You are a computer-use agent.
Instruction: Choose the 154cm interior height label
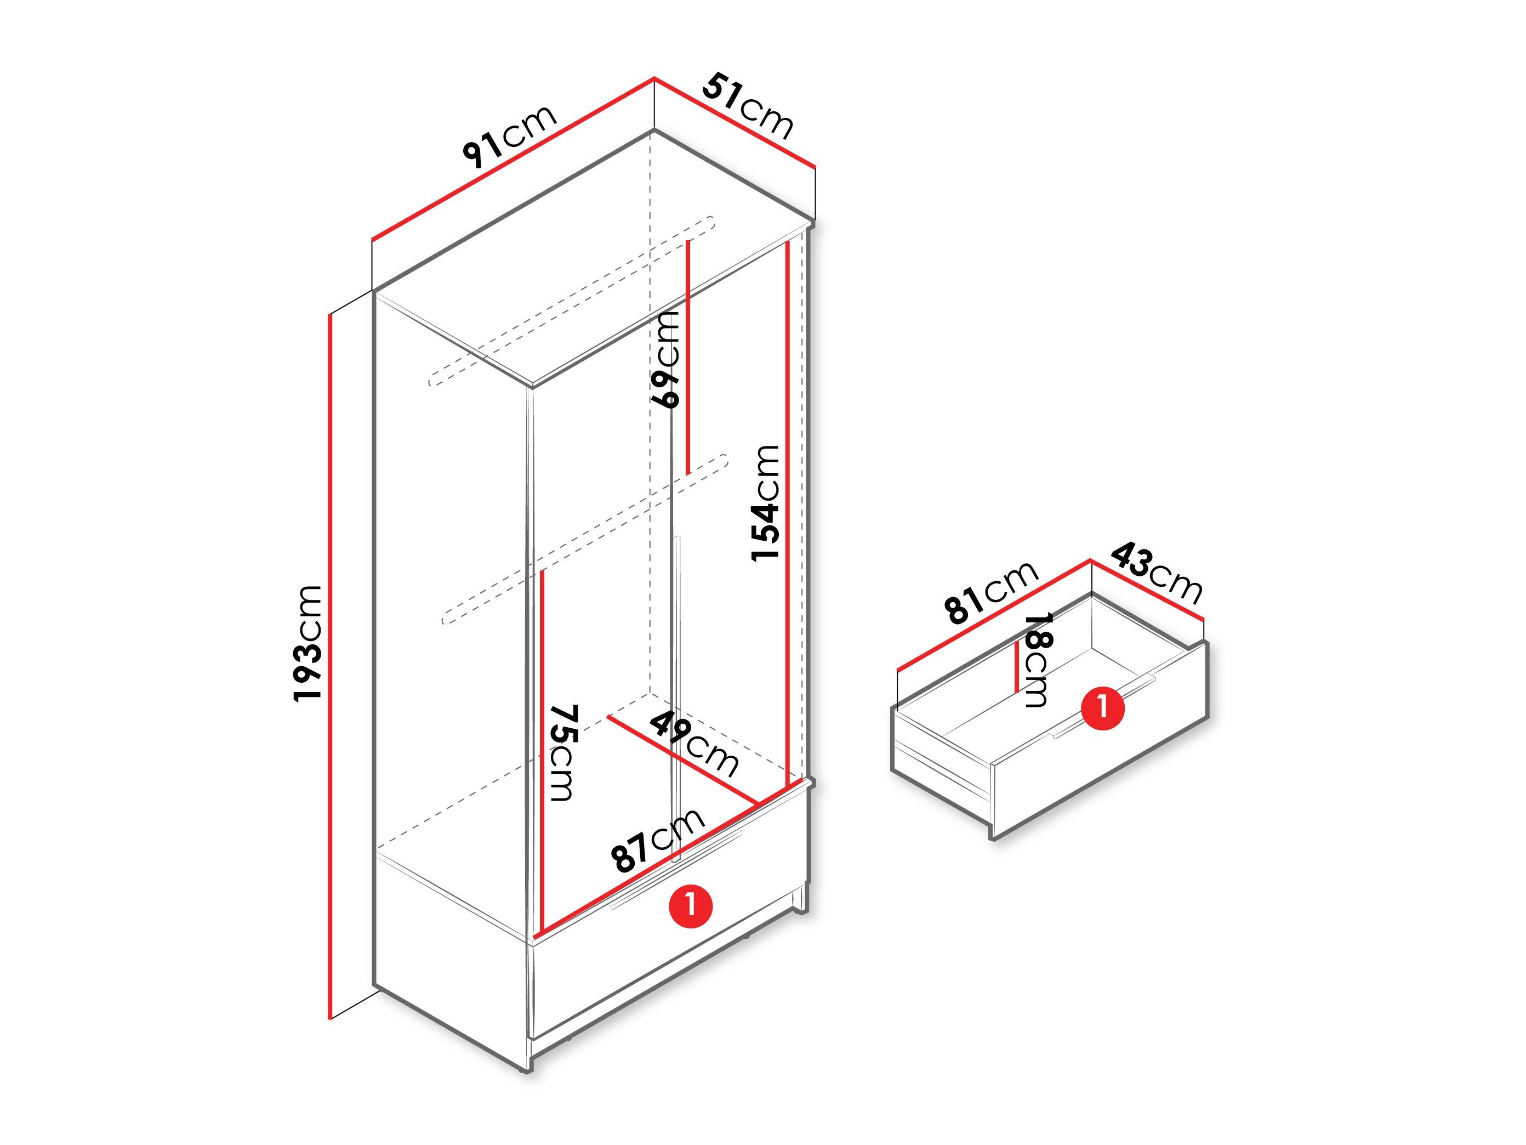click(766, 502)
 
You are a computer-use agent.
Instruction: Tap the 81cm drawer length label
click(992, 592)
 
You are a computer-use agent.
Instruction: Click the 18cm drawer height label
click(1037, 660)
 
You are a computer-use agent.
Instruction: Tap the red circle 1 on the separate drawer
click(1102, 707)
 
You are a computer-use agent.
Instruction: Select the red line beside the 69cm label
click(688, 358)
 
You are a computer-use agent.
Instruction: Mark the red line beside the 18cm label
click(1017, 666)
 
